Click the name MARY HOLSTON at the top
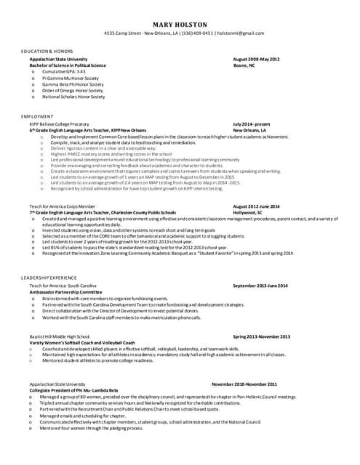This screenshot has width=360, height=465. tap(180, 24)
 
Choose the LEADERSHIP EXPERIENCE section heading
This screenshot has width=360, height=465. tap(48, 278)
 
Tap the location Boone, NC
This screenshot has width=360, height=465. tap(244, 65)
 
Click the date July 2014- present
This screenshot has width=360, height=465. tap(252, 124)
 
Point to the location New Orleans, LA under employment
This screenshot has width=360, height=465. tap(251, 130)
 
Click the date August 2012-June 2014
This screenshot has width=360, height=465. tap(256, 206)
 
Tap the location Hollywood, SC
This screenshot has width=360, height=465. tap(249, 212)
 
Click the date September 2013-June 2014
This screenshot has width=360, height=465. tap(260, 286)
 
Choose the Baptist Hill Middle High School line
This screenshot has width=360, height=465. tap(59, 336)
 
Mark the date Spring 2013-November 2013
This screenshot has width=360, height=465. tap(261, 336)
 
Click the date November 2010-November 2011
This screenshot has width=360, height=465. tap(244, 384)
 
